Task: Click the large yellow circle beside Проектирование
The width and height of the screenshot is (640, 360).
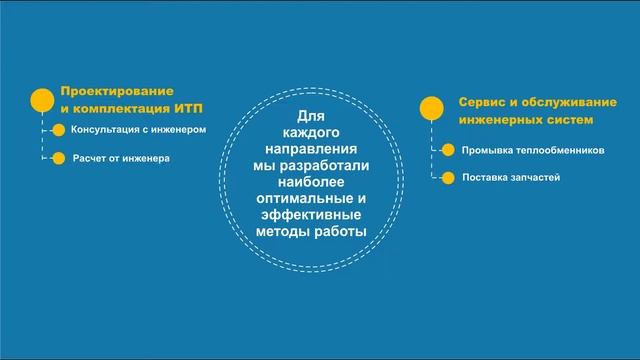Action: (x=42, y=101)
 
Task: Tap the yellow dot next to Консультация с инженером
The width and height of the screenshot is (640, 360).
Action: (x=58, y=129)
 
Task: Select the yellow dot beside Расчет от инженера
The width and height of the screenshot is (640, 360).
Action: (x=58, y=158)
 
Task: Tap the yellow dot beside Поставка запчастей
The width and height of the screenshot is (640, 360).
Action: (x=447, y=178)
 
